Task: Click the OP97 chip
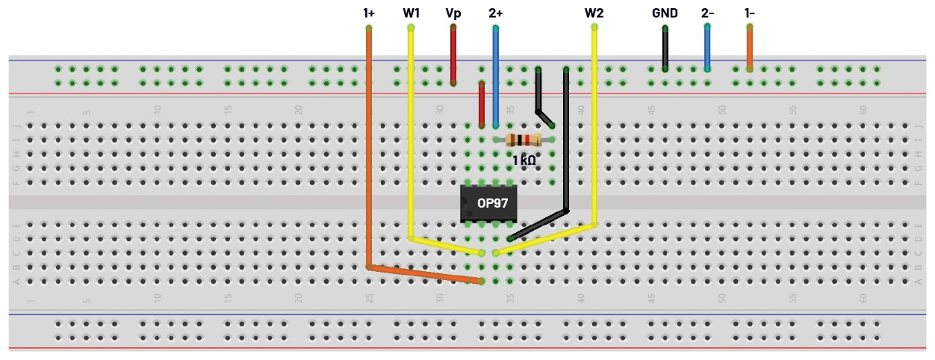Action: click(488, 202)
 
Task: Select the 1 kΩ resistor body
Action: click(524, 140)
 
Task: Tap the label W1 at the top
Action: click(411, 13)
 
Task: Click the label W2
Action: click(594, 13)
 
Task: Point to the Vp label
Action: click(453, 13)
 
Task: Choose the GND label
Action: click(665, 13)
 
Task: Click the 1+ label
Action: click(369, 13)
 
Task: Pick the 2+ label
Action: click(496, 13)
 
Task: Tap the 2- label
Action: click(707, 13)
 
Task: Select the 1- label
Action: click(750, 13)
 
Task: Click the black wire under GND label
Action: click(665, 49)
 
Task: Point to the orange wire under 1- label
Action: click(750, 49)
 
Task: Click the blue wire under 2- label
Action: click(707, 49)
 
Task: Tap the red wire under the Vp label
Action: click(453, 56)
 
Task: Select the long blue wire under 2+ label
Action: click(495, 75)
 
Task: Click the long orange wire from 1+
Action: click(369, 149)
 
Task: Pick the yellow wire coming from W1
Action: click(411, 134)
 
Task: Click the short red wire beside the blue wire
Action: click(482, 105)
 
